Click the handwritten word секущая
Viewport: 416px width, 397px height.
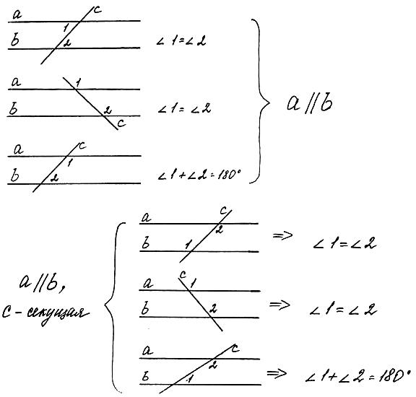(x=58, y=314)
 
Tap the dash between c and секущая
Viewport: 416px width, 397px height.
(x=20, y=313)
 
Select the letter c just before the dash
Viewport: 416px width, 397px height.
(x=7, y=313)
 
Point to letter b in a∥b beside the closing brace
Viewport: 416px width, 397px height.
(x=326, y=102)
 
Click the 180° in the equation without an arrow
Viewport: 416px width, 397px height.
(x=229, y=175)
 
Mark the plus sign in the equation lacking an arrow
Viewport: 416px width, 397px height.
(x=182, y=175)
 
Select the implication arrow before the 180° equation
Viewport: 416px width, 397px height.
(x=277, y=373)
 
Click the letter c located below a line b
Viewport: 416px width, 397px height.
(x=121, y=123)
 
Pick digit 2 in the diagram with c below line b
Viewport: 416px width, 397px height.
(x=107, y=110)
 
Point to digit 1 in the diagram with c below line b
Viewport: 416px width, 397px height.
(x=78, y=83)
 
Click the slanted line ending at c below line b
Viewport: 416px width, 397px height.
(x=90, y=103)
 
